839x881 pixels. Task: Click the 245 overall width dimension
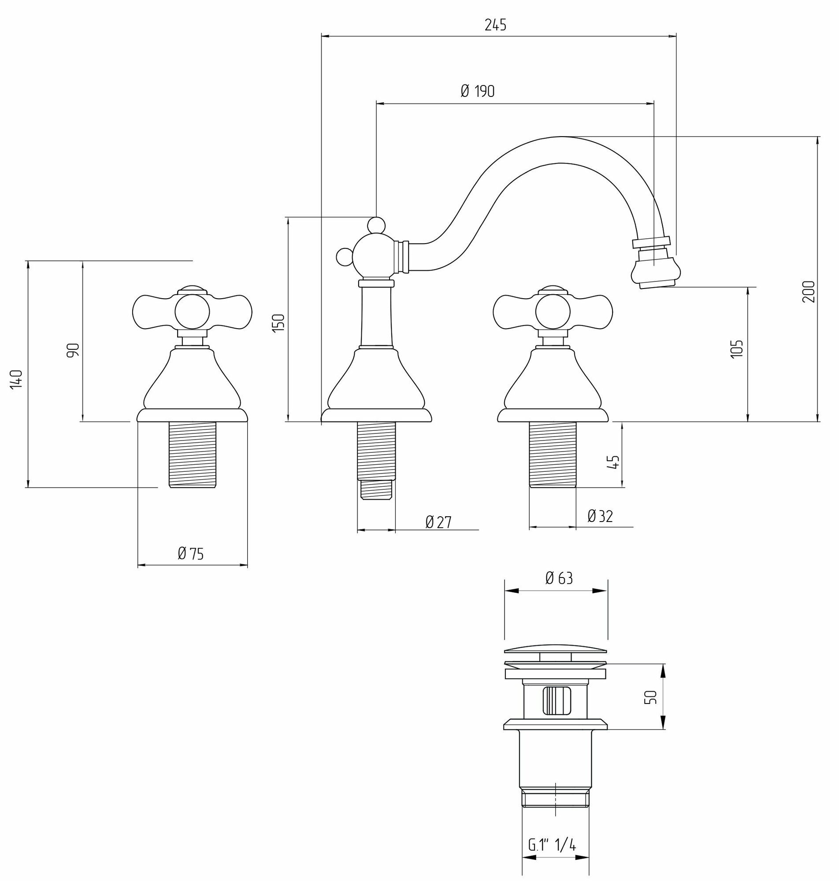coord(495,25)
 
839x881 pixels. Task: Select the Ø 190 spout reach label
coord(477,91)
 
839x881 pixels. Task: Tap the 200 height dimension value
coord(809,292)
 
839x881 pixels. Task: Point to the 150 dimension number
coord(278,322)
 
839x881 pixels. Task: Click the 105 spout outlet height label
coord(736,348)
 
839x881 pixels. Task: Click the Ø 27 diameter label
coord(438,522)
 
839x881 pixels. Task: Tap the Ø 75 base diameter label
coord(190,554)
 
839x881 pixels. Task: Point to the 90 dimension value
coord(73,350)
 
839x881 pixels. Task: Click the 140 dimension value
coord(17,379)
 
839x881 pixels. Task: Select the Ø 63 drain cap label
coord(559,578)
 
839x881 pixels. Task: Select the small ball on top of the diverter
coord(376,224)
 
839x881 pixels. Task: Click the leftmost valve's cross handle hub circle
coord(192,311)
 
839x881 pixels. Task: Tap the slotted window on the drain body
coord(557,700)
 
